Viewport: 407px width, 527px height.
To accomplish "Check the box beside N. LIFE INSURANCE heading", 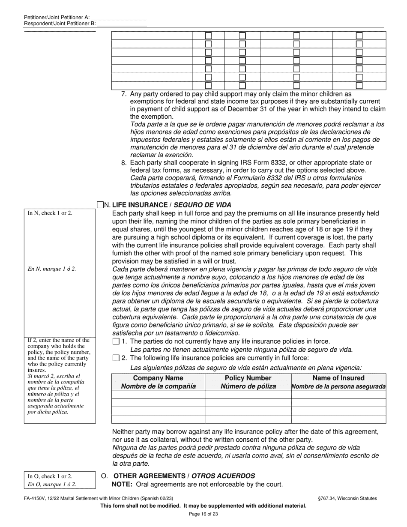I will tap(101, 205).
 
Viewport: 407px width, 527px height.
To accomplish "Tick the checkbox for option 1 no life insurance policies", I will tap(116, 341).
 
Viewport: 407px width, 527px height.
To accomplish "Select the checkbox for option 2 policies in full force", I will tap(116, 358).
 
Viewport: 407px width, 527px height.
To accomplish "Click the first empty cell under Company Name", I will tap(158, 395).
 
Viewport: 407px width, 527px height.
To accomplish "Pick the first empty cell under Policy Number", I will tap(248, 395).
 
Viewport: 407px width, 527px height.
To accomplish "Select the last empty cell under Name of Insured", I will tap(338, 419).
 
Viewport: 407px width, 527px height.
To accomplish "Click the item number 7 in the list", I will tap(124, 94).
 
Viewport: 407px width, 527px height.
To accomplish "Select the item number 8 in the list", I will tap(124, 163).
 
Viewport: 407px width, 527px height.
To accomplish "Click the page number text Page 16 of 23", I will tap(203, 514).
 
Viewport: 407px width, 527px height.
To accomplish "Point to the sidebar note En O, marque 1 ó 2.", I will tap(52, 485).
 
